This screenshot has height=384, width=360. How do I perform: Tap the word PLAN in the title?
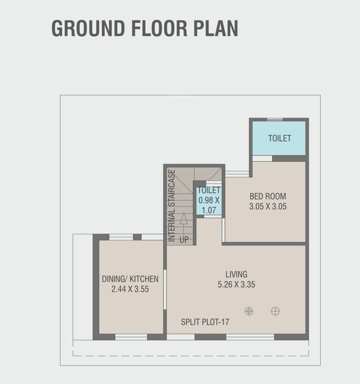coord(216,28)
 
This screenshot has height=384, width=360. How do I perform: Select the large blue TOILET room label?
coord(279,138)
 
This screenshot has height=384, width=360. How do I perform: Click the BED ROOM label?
coord(267,196)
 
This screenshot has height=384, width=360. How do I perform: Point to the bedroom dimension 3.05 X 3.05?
coord(267,206)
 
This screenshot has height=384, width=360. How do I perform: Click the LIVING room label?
coord(236,274)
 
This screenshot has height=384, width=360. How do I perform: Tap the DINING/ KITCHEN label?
coord(130,279)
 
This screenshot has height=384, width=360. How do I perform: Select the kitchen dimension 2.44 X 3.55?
coord(130,289)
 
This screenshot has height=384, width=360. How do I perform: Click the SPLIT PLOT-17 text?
coord(205,322)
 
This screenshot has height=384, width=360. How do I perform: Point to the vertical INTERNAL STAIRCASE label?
coord(171,206)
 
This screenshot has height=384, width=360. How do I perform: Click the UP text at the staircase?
coord(184,240)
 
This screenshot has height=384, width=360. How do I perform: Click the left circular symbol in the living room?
coord(248,311)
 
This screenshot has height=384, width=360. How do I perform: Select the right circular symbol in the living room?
coord(275,311)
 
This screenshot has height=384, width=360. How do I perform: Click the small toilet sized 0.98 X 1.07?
coord(208,200)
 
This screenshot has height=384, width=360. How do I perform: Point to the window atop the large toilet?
coord(274,119)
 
